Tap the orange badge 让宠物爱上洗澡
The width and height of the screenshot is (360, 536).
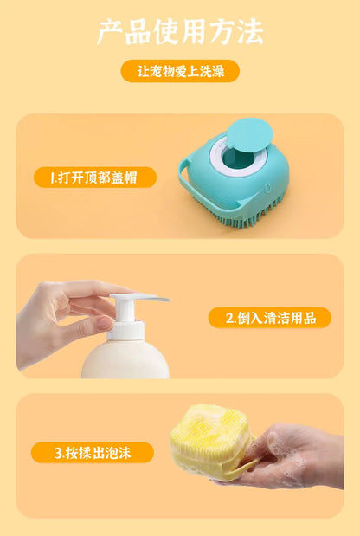coord(180,71)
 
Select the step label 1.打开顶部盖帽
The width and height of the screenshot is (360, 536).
coord(95,178)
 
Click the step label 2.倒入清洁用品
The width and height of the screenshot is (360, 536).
coord(270,318)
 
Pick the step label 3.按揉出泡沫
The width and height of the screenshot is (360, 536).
coord(92,452)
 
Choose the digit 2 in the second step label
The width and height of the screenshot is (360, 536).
coord(229,318)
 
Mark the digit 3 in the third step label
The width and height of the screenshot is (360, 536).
coord(57,452)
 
